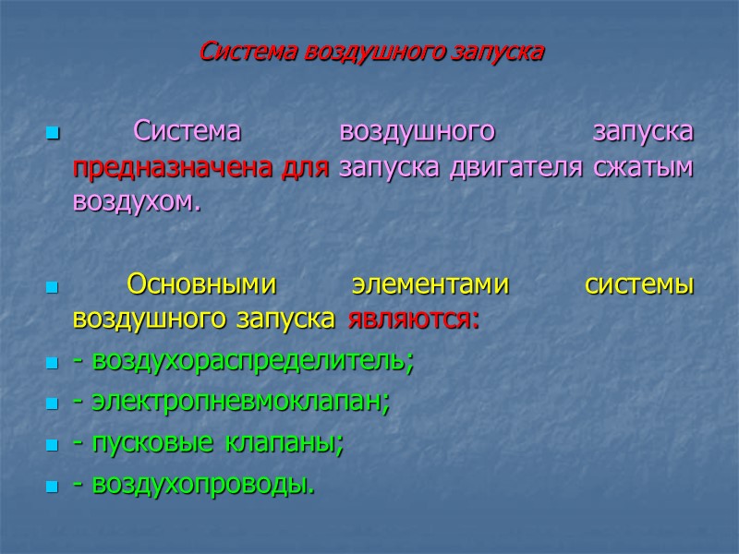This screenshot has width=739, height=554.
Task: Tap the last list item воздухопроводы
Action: point(199,484)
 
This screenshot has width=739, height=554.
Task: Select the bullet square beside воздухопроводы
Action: point(51,486)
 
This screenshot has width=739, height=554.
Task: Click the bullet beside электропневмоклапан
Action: point(51,404)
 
